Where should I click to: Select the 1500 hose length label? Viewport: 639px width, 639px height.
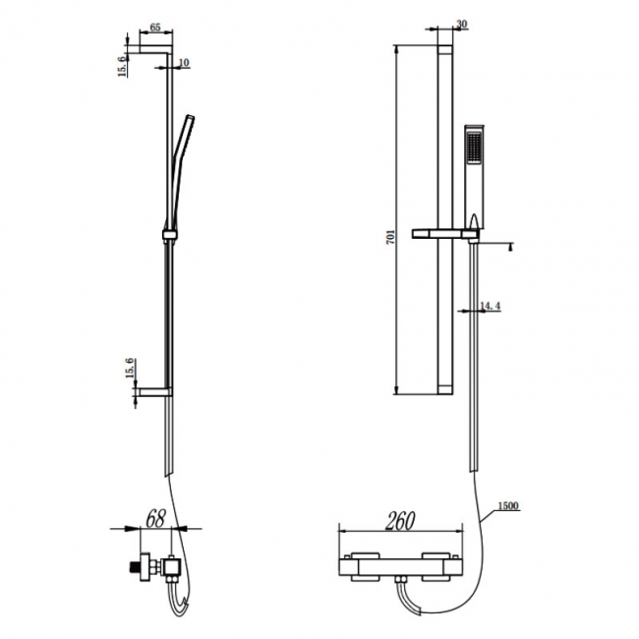[507, 506]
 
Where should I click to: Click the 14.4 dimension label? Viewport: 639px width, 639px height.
[490, 308]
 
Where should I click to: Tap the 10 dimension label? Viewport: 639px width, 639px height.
[185, 63]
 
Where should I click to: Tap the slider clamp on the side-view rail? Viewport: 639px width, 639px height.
[168, 235]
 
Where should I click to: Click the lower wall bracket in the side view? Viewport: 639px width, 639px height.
[155, 392]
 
